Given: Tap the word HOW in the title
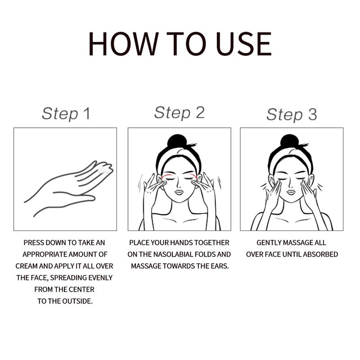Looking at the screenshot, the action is click(123, 44).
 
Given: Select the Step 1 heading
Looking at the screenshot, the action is click(66, 114).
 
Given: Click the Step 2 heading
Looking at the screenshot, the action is click(179, 113).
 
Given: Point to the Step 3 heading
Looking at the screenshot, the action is click(292, 114).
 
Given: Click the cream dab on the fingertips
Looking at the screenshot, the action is click(105, 170).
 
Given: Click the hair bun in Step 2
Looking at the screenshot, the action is click(176, 141).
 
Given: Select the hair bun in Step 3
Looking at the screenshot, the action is click(289, 141).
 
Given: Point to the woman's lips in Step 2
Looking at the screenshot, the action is click(179, 192).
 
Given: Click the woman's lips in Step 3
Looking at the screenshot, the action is click(291, 192).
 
